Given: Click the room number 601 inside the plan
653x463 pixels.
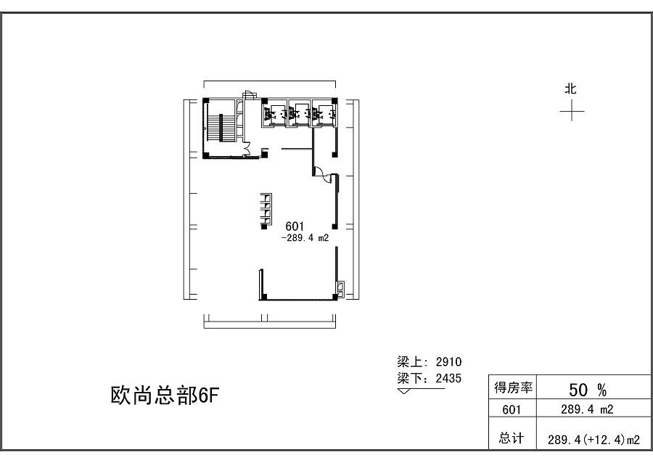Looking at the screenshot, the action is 295,226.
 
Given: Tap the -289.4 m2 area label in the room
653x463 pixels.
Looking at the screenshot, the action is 305,238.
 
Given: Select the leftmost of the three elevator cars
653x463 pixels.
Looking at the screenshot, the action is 275,113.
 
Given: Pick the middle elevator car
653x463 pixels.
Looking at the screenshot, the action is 299,113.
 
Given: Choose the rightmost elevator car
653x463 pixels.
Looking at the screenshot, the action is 324,113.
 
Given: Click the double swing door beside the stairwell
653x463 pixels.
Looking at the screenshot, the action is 246,149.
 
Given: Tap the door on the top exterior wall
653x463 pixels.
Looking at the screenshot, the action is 248,94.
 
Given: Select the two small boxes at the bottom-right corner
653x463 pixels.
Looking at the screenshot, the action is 340,290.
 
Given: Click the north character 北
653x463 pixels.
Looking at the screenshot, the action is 570,89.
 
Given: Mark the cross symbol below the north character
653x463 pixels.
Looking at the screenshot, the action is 572,111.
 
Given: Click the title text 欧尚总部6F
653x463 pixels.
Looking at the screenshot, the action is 165,396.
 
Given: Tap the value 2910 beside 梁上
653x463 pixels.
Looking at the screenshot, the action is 448,361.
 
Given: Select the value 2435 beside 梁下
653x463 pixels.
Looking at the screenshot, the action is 448,378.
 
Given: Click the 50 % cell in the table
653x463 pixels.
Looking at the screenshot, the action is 588,390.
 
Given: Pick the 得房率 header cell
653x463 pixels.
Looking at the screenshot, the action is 513,388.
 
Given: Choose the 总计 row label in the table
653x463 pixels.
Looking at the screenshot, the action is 512,438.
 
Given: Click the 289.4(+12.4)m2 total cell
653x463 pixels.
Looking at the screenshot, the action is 594,440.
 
